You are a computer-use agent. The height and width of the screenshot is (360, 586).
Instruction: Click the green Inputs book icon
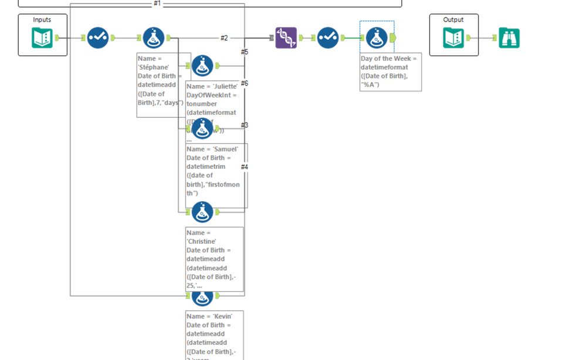[42, 38]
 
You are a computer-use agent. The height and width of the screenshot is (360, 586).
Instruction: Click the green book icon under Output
[453, 38]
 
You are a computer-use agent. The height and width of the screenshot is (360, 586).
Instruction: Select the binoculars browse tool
[509, 38]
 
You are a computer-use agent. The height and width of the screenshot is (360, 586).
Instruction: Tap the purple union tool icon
[286, 38]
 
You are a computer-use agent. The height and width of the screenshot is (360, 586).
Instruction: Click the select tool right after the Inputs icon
[98, 38]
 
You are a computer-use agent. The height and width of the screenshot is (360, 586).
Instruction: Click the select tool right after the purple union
[328, 38]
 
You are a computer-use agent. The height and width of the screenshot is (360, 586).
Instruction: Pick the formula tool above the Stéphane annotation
[154, 38]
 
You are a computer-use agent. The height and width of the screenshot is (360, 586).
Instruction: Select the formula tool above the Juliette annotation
[202, 66]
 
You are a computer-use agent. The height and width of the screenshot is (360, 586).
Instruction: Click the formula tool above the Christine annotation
[202, 212]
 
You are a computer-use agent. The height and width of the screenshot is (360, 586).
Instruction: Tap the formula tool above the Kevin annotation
[202, 297]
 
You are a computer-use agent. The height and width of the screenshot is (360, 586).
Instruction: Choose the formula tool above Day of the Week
[377, 38]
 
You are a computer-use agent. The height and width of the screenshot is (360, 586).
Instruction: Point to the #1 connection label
[157, 4]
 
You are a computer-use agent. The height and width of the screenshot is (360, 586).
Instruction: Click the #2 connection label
[224, 38]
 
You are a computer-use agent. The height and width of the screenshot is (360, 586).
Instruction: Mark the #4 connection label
[245, 167]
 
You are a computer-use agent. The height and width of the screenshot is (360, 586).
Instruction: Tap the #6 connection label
[245, 83]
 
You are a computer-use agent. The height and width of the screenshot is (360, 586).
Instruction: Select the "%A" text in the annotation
[370, 84]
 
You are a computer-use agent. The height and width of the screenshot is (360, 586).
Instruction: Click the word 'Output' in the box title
[453, 20]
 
